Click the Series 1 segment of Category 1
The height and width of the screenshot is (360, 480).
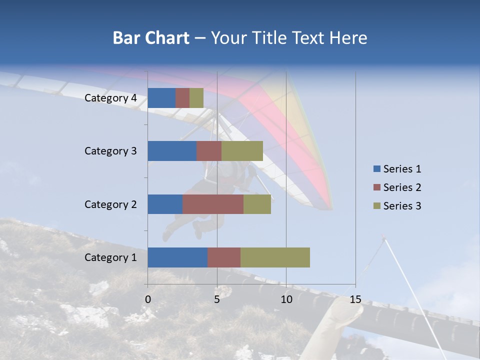pyautogui.click(x=177, y=257)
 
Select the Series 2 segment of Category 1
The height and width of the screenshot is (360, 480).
pyautogui.click(x=224, y=257)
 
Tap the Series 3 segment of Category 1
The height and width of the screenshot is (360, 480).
pyautogui.click(x=275, y=257)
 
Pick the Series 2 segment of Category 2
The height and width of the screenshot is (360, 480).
pyautogui.click(x=213, y=204)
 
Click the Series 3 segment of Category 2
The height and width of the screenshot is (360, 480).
pyautogui.click(x=257, y=204)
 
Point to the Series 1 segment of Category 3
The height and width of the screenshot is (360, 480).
pyautogui.click(x=172, y=151)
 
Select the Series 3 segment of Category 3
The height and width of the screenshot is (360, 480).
pyautogui.click(x=242, y=151)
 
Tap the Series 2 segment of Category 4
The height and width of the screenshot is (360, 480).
pyautogui.click(x=182, y=98)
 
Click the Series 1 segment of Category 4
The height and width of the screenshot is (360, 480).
pyautogui.click(x=161, y=98)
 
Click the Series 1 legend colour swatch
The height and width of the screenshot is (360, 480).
pyautogui.click(x=376, y=169)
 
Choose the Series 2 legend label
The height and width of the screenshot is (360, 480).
pyautogui.click(x=402, y=187)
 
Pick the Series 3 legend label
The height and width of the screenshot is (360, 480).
pyautogui.click(x=402, y=206)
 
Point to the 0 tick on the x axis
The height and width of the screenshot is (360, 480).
pyautogui.click(x=148, y=299)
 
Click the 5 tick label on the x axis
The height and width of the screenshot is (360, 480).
pyautogui.click(x=217, y=299)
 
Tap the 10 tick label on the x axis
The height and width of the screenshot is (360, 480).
pyautogui.click(x=286, y=299)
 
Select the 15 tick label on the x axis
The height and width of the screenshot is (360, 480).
pyautogui.click(x=355, y=299)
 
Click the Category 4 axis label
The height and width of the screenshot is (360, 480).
pyautogui.click(x=110, y=98)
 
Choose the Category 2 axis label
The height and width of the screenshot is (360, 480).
pyautogui.click(x=110, y=204)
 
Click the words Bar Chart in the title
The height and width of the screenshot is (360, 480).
pyautogui.click(x=151, y=38)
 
